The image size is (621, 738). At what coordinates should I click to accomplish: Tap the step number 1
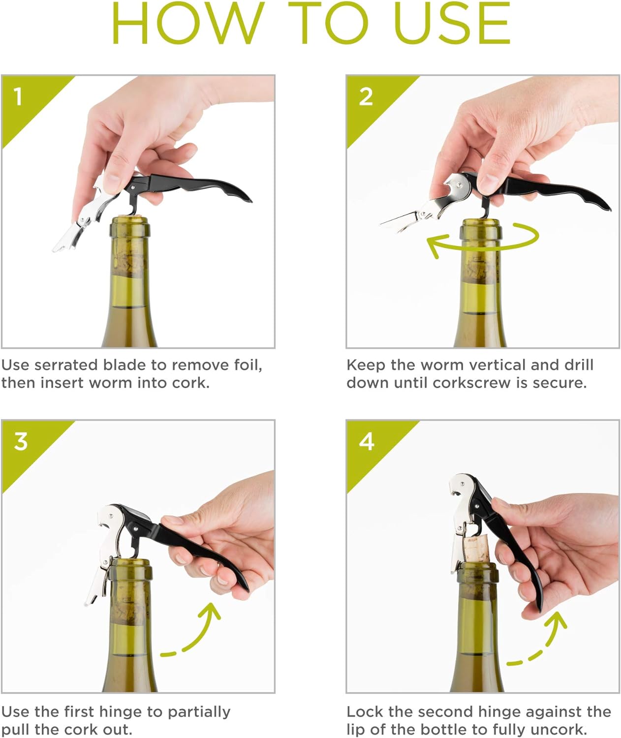point(18,96)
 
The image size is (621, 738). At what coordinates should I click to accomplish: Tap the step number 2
point(366,97)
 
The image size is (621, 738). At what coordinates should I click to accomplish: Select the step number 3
point(21,441)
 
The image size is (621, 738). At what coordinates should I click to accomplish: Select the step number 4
point(367,441)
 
